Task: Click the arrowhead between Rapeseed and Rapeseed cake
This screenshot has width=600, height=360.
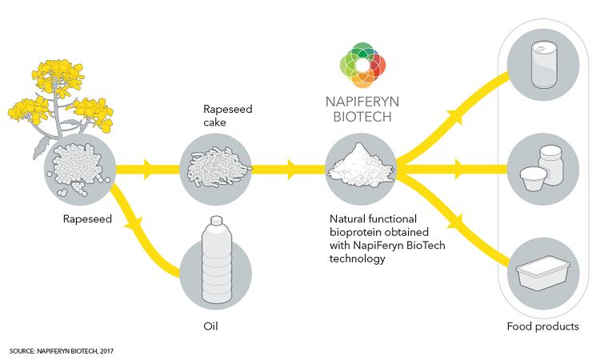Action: pyautogui.click(x=148, y=169)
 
